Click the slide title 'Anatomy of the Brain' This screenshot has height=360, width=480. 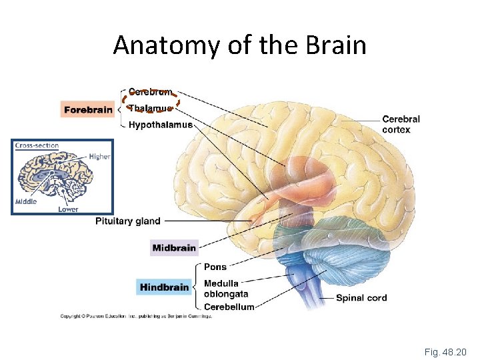coord(239,45)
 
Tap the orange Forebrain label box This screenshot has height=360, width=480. coord(88,110)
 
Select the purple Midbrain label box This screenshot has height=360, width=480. coord(174,248)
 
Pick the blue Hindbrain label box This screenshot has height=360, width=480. coord(164,287)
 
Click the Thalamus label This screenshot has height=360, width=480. coord(151,108)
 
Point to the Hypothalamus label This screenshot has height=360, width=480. coord(161,125)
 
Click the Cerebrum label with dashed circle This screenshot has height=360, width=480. coord(150,92)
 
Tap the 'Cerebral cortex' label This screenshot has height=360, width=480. coord(401,125)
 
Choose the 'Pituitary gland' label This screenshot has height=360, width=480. coord(128,221)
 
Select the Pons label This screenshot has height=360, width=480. coord(215,267)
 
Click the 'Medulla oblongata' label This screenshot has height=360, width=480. coord(226,289)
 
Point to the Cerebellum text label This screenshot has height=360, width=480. coord(229,307)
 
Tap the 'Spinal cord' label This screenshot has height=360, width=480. coord(361,298)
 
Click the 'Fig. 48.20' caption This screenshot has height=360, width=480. coord(445,351)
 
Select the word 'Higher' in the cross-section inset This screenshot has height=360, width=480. coord(99,157)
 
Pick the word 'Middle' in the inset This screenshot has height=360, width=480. coord(26,201)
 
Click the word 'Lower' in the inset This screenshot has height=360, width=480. coord(68,209)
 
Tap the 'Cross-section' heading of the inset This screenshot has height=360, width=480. coord(37,145)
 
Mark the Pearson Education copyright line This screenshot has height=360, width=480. coord(136,317)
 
